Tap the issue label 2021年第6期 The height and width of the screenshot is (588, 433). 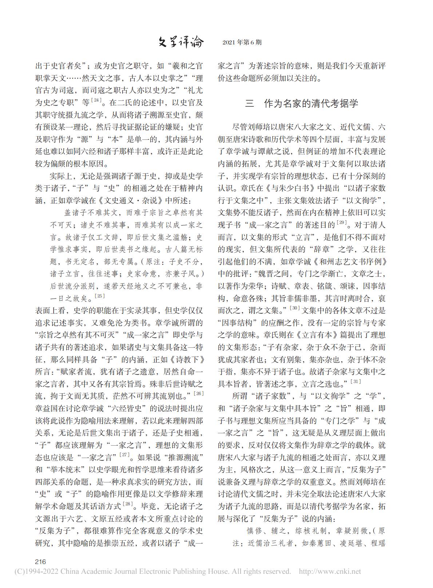coord(242,43)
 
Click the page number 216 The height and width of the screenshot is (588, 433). coord(40,561)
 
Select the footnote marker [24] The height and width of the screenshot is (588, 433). coord(96,100)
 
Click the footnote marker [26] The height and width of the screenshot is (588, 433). coord(199,393)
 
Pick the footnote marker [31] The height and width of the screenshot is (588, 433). coord(355,381)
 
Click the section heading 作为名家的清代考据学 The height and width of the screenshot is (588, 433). coord(311,104)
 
